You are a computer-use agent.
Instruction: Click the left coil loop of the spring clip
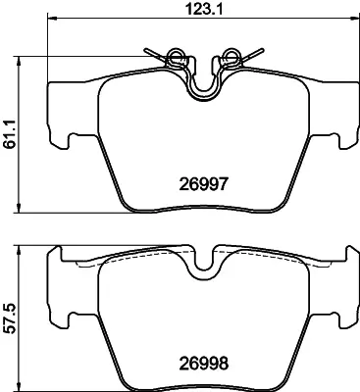[x=175, y=55]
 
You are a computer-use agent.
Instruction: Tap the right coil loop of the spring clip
[x=231, y=55]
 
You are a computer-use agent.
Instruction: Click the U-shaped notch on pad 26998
[x=203, y=261]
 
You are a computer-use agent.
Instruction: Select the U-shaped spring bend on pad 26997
[x=203, y=90]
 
